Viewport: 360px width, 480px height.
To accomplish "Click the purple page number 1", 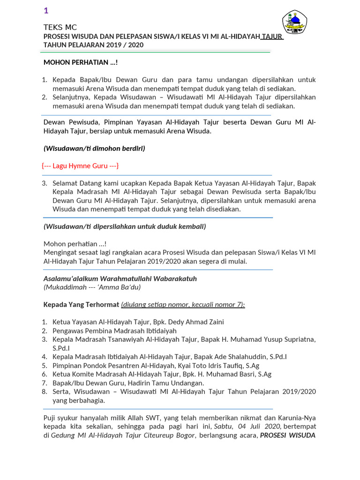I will pos(46,11).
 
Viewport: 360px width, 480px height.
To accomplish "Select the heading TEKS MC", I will pos(60,27).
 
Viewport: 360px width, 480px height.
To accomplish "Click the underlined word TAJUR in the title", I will pos(272,36).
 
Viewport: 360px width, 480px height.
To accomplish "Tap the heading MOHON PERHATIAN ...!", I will pos(81,62).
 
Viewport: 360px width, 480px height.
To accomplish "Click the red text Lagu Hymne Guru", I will pos(81,166).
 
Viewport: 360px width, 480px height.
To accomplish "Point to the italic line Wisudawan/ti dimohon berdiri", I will pos(94,149).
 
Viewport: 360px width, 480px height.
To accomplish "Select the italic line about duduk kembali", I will pos(125,226).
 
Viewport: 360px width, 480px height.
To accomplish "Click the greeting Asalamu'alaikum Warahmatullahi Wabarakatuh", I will pos(120,278).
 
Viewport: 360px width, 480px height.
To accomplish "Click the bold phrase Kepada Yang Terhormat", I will pos(81,304).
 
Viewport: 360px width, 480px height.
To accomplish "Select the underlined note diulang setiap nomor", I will pos(183,304).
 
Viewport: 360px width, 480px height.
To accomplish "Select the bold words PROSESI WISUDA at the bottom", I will pos(288,435).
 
